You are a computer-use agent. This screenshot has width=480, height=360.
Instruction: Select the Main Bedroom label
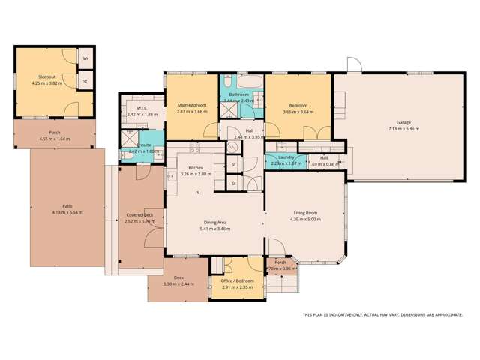(x=190, y=105)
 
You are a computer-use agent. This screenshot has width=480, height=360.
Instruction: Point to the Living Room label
(x=304, y=213)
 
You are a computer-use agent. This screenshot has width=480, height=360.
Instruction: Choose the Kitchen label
(x=196, y=167)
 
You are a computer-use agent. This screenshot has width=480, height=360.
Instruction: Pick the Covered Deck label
(x=139, y=215)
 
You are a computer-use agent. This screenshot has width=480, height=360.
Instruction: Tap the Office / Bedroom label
(x=238, y=280)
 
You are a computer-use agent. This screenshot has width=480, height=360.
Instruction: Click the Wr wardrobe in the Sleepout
(x=85, y=58)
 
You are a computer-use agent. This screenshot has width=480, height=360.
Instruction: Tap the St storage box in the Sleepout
(x=85, y=81)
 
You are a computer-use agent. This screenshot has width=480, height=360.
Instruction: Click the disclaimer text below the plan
(x=382, y=315)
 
